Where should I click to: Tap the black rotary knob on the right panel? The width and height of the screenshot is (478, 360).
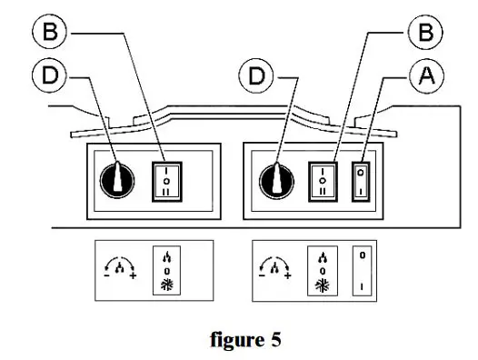click(274, 178)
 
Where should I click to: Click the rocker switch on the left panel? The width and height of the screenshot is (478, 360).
click(166, 179)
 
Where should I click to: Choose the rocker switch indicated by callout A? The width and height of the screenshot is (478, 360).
click(363, 179)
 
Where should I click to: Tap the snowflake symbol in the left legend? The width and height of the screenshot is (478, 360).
click(166, 285)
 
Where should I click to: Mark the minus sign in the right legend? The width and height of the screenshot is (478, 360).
click(264, 275)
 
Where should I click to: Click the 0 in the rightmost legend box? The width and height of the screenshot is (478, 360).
click(363, 256)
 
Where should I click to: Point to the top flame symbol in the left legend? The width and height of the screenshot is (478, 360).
click(166, 255)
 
